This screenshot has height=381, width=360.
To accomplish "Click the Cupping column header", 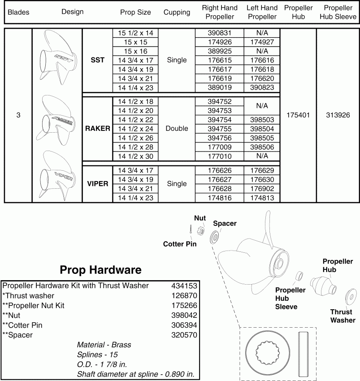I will tap(177, 12).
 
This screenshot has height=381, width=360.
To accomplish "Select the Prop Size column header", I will tap(135, 12).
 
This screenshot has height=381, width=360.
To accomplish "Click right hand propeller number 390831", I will tap(219, 33).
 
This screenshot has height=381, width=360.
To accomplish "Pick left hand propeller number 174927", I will tap(262, 42).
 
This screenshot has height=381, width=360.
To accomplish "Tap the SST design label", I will tap(97, 60).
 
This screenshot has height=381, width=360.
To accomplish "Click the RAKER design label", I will tap(97, 128).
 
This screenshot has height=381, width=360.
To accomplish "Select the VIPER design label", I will tap(97, 184).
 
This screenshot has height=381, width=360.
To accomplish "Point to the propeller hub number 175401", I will tap(298, 115).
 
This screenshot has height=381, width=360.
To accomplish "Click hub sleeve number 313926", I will tap(338, 115).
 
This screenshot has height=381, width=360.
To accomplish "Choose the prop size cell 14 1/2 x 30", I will tap(135, 156).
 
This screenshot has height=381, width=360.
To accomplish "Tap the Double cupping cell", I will tap(177, 128).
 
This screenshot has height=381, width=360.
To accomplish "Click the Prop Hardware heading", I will tap(100, 270).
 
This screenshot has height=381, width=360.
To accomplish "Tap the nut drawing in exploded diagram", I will tap(202, 231).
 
